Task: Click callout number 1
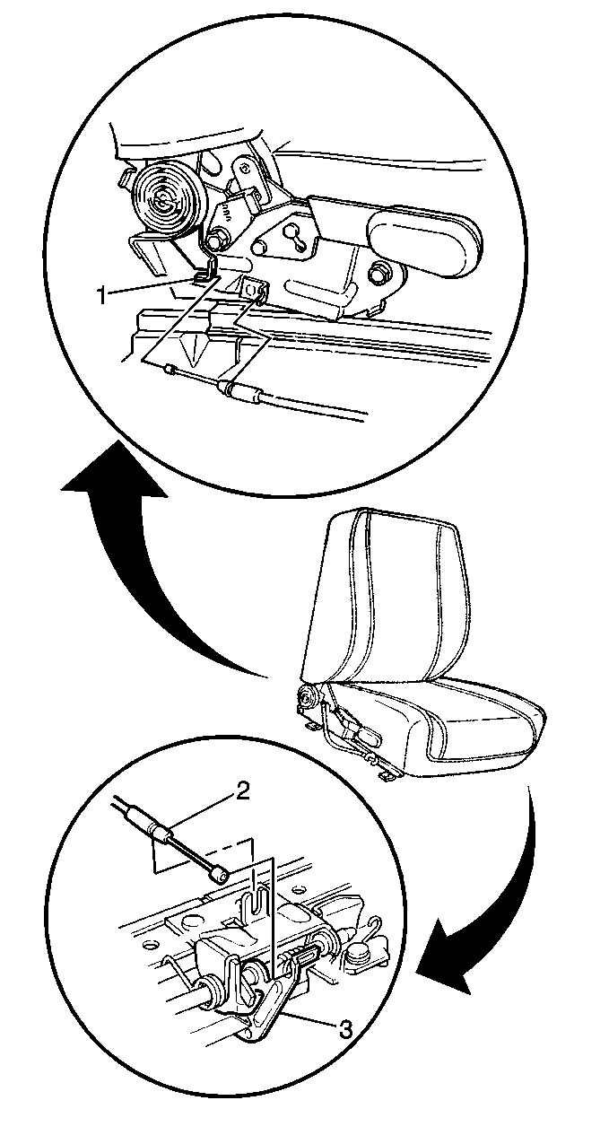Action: tap(103, 295)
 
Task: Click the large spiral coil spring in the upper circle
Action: tap(164, 198)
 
